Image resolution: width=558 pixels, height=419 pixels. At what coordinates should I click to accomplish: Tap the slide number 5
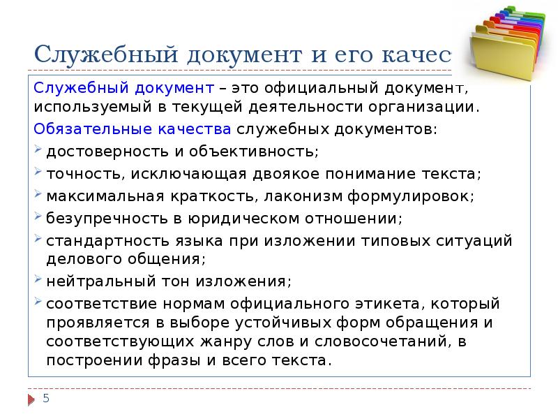pyautogui.click(x=46, y=399)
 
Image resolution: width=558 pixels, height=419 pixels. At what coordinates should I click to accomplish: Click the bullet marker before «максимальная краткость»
pyautogui.click(x=38, y=195)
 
